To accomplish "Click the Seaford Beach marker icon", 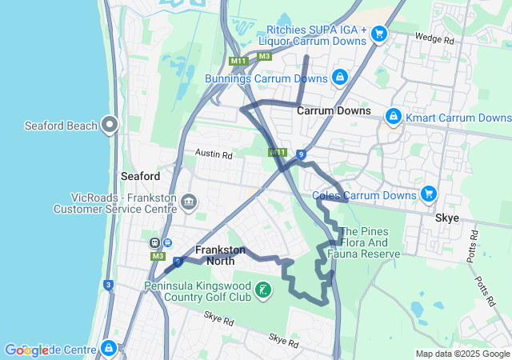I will tap(110, 125).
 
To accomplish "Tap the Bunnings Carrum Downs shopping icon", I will tap(339, 78).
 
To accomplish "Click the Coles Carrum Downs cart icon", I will tap(429, 194).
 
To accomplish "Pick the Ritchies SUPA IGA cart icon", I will tap(379, 33).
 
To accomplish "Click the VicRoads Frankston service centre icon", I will tap(188, 202).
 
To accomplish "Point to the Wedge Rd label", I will tap(438, 38).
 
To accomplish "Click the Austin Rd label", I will tap(214, 154).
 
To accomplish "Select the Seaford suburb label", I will tap(141, 176).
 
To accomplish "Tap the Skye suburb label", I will tap(446, 218).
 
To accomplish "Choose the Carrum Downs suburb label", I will tap(334, 110).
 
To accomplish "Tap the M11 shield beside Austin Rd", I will tap(278, 152).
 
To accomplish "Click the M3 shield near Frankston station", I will tap(158, 256).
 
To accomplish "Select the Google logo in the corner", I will tap(26, 350).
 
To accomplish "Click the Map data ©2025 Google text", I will tap(462, 354).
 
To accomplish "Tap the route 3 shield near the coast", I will tap(108, 284).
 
